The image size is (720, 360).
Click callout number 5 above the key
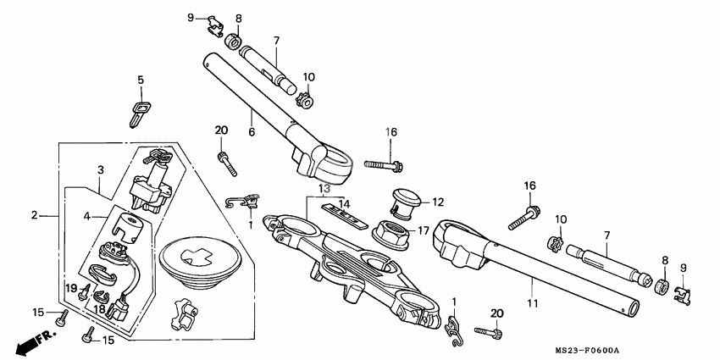(x=141, y=80)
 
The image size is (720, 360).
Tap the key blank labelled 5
(x=138, y=111)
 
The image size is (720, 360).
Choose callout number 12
(x=437, y=202)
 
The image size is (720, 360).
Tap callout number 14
(x=344, y=203)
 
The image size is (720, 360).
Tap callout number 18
(x=100, y=310)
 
